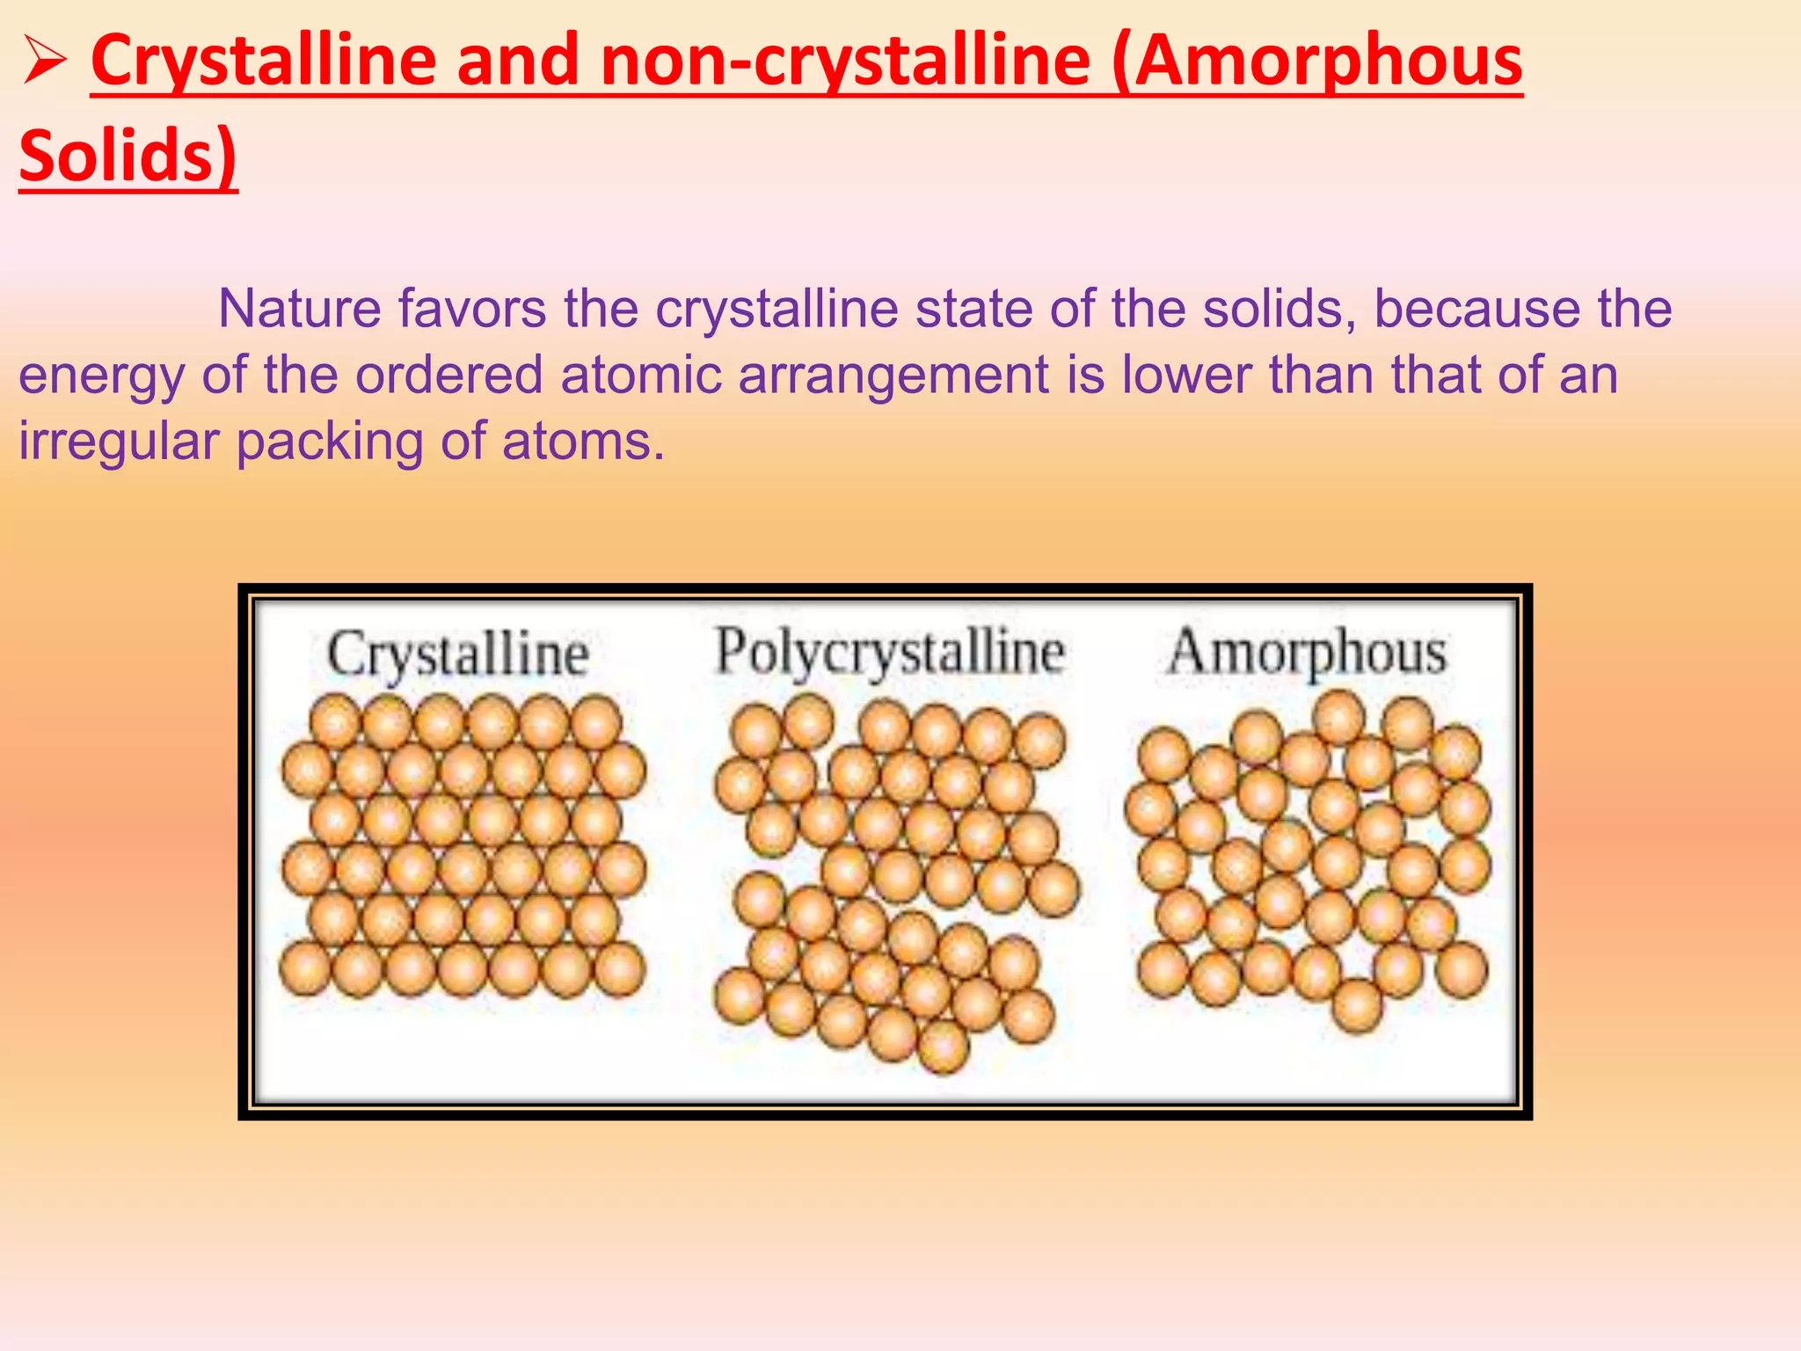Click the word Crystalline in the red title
(x=263, y=62)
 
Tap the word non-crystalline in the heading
(x=846, y=62)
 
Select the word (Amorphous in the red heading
(x=1316, y=62)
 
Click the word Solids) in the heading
(x=128, y=156)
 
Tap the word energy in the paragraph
(x=101, y=376)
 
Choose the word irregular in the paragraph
(x=119, y=442)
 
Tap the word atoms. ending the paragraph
(x=584, y=442)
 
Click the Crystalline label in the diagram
(x=457, y=655)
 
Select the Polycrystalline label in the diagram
(x=889, y=654)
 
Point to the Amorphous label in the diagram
(x=1307, y=654)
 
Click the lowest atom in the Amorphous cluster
(x=1358, y=1004)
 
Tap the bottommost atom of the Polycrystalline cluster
(x=943, y=1046)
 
